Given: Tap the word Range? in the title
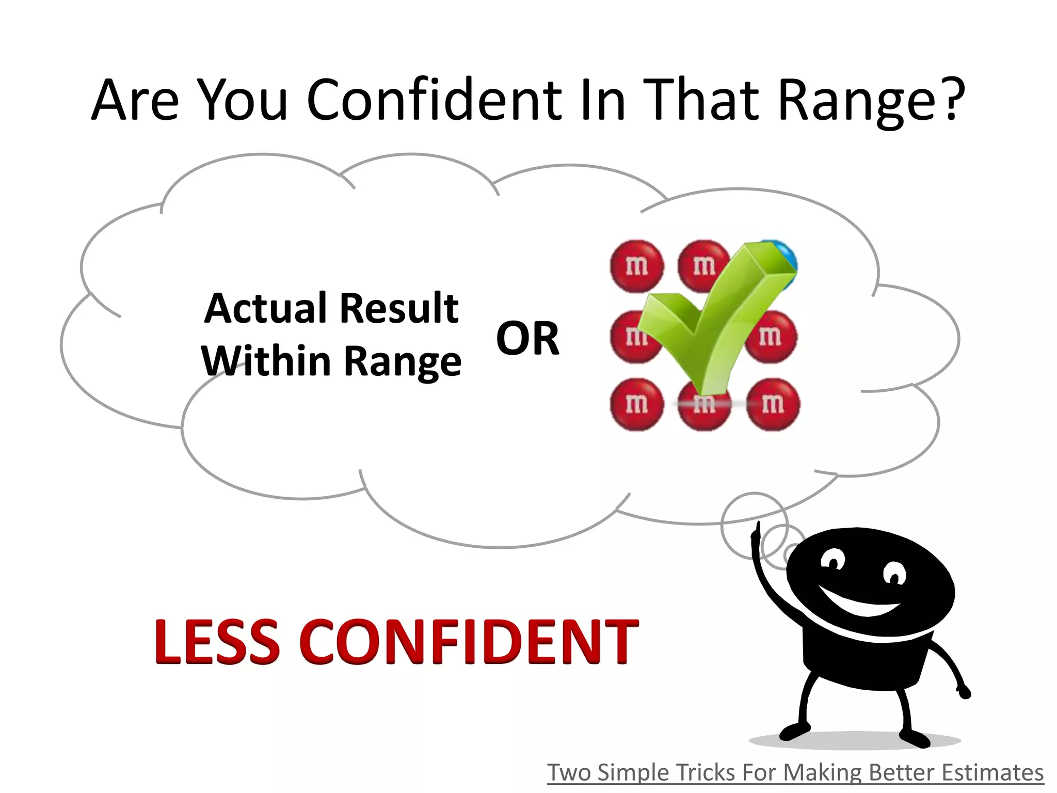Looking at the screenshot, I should pos(871,101).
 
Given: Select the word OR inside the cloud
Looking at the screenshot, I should pos(527,339).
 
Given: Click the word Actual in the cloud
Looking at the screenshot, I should pos(266,308).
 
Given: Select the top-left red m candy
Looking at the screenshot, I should pos(636,266).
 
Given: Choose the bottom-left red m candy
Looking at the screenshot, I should pos(636,404).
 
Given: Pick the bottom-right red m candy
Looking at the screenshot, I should pos(773,404).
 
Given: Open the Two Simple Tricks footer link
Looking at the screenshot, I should pos(795,773).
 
